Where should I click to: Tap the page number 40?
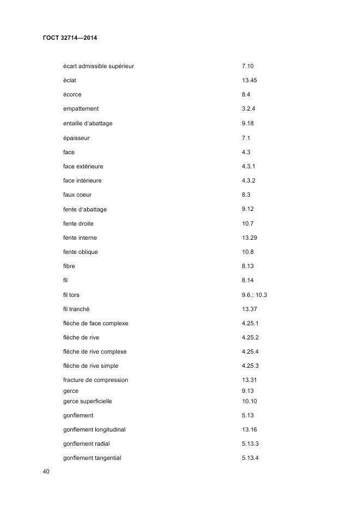point(46,471)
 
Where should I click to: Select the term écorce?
point(72,95)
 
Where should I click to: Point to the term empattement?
point(81,109)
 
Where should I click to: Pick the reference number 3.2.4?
point(248,109)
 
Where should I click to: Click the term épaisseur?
point(76,138)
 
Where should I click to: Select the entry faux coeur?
point(77,195)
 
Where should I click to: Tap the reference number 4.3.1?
point(248,166)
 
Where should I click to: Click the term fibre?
point(69,266)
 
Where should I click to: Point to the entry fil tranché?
point(76,309)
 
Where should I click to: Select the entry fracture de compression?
point(95,380)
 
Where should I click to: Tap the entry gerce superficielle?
point(87,402)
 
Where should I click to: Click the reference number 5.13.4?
point(250,458)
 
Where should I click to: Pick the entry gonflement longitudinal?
point(94,430)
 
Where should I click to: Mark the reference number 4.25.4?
point(250,351)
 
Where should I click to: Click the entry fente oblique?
point(81,252)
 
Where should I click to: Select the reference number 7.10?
point(247,66)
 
